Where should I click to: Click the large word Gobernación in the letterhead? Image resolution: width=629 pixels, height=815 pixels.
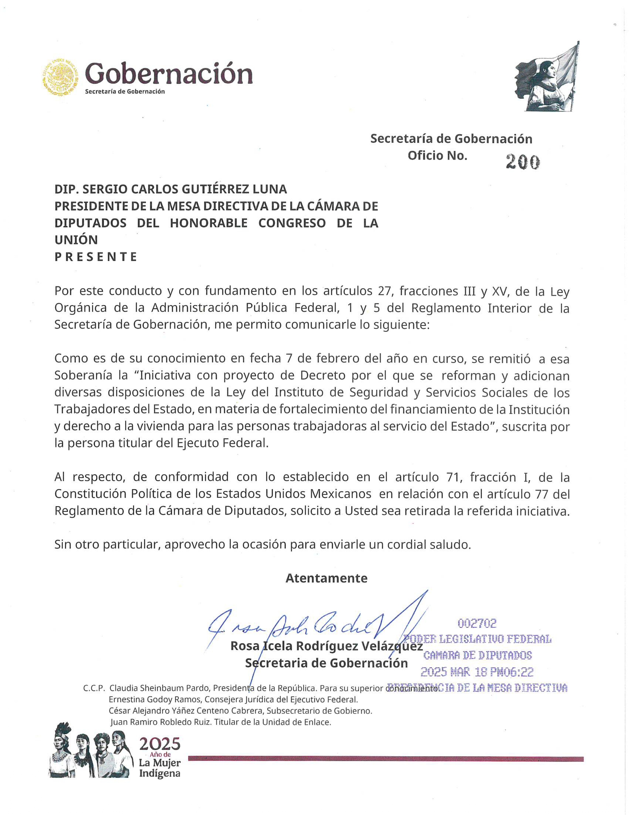[168, 73]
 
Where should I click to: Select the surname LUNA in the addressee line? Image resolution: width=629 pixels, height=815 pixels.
[270, 189]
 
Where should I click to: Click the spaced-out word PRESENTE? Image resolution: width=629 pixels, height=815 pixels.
[96, 257]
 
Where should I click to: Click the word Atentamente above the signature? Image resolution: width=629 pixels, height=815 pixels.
[326, 578]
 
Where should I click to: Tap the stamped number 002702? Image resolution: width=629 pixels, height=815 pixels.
[477, 623]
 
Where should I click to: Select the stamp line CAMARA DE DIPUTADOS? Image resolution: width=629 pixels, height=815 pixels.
[478, 655]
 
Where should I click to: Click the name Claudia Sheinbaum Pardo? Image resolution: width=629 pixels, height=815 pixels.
[160, 688]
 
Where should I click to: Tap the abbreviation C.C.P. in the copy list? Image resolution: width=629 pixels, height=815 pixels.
[94, 688]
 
